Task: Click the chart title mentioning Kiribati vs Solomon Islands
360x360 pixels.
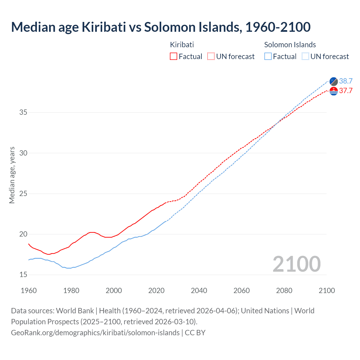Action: [161, 27]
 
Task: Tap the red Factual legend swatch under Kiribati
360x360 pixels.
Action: [174, 57]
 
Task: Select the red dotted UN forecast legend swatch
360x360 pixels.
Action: [211, 57]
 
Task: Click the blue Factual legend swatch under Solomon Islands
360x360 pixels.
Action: [268, 57]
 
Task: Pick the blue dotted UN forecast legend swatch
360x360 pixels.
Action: [305, 57]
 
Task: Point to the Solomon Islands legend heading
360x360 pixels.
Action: [290, 45]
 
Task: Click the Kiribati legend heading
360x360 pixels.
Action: [182, 45]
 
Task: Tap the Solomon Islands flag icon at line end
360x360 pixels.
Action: [334, 81]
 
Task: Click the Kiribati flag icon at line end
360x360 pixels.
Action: [334, 91]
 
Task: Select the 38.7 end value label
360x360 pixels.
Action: [346, 81]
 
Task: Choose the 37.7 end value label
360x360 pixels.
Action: [346, 91]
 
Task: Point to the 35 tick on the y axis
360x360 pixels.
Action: [23, 112]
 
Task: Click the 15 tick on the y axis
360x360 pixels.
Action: [23, 275]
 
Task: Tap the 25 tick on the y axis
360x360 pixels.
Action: [23, 194]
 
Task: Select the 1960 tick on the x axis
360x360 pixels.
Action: [29, 291]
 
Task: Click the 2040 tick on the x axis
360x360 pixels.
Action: [199, 291]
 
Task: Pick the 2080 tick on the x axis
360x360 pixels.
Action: [284, 291]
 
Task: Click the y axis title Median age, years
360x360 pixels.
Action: [12, 175]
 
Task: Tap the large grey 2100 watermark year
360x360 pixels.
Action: [296, 264]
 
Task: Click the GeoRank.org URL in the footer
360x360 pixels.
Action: [95, 333]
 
